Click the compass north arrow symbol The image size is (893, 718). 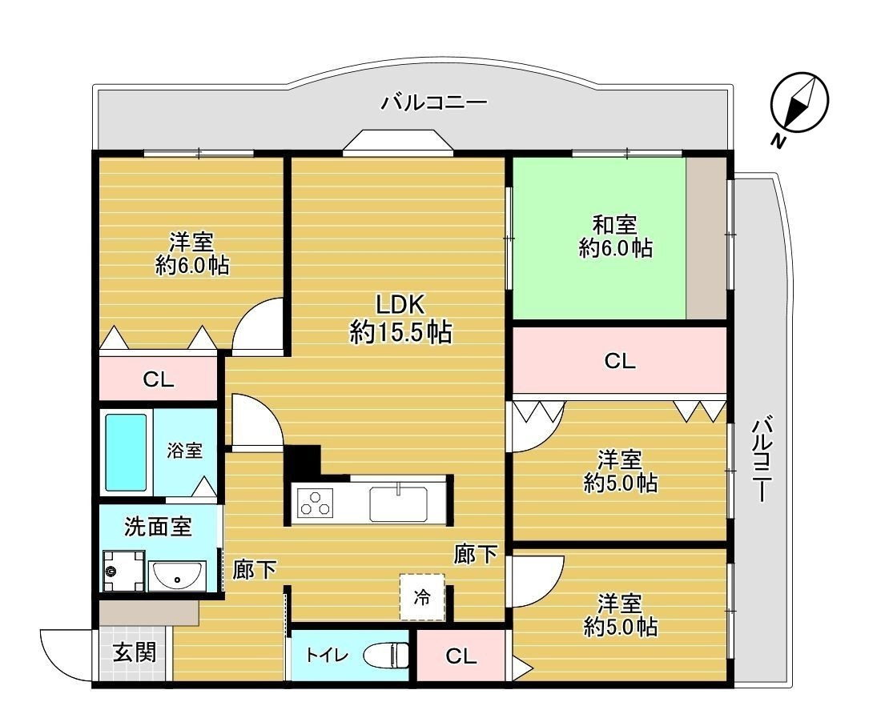tap(798, 105)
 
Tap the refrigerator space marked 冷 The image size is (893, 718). tap(421, 597)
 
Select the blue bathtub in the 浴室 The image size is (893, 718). tap(127, 452)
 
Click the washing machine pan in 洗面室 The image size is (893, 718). tap(123, 571)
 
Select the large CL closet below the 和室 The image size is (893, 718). tap(619, 361)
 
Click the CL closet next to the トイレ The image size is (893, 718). tap(461, 657)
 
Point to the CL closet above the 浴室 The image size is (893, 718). tap(158, 379)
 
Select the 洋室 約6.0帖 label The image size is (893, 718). tap(191, 254)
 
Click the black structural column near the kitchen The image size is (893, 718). tap(301, 463)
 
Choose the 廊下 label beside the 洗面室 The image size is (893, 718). tap(255, 569)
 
